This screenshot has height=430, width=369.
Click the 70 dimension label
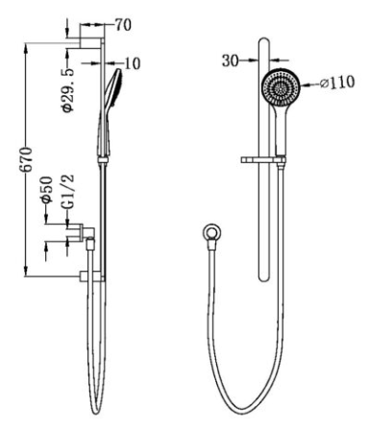pyautogui.click(x=123, y=25)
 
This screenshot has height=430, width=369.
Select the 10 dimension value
pyautogui.click(x=133, y=63)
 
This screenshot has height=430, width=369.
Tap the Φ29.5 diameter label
pyautogui.click(x=68, y=90)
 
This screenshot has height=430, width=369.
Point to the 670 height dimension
pyautogui.click(x=26, y=159)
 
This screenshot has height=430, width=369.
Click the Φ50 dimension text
pyautogui.click(x=47, y=190)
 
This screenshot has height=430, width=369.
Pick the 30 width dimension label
pyautogui.click(x=231, y=60)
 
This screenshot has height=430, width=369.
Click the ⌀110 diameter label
pyautogui.click(x=337, y=83)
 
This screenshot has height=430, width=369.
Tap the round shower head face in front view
pyautogui.click(x=281, y=86)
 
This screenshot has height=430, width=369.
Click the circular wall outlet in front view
pyautogui.click(x=212, y=231)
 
